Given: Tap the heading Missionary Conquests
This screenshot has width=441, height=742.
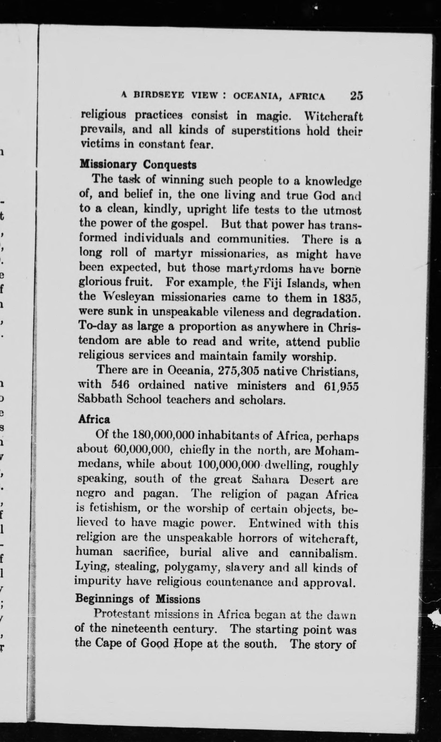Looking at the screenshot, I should pos(138,165).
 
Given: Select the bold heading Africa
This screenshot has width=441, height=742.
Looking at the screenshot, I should pos(94,419).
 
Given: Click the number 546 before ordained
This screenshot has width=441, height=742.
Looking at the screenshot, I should pos(120,385).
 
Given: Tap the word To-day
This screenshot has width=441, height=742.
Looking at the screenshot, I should pos(95,327).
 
